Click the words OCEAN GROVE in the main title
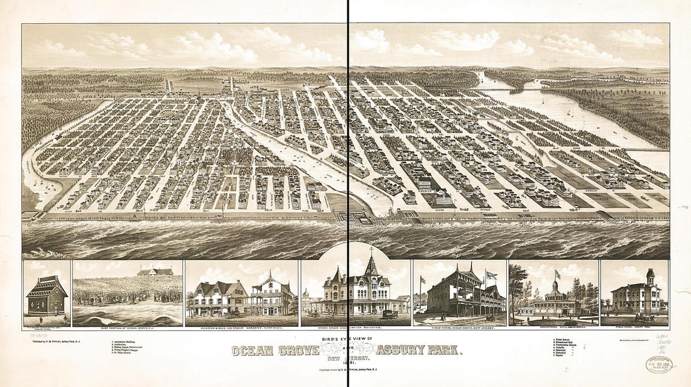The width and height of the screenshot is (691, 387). click(275, 351)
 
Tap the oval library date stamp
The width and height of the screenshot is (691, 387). click(659, 365)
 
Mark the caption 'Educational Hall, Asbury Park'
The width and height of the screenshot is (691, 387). click(553, 327)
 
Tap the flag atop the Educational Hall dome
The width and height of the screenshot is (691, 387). click(556, 275)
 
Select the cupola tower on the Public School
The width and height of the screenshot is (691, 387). click(650, 276)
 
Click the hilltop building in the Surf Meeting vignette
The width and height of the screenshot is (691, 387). click(155, 272)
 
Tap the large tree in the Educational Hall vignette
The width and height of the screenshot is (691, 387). click(518, 286)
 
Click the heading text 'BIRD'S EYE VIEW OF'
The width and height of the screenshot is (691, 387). click(347, 339)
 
